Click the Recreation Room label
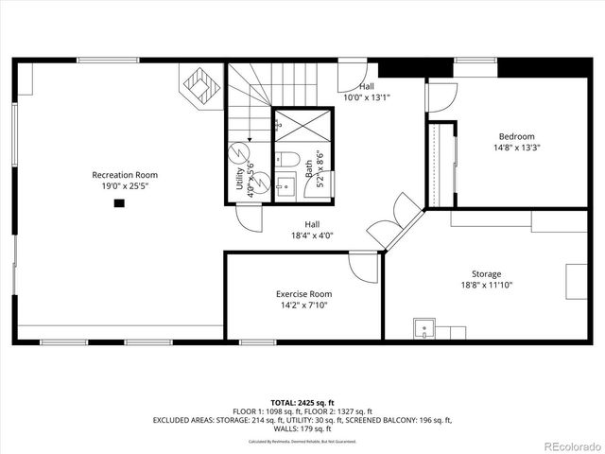point(124,175)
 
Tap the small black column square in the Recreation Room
point(119,201)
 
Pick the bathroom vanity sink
point(283,185)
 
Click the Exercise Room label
point(303,294)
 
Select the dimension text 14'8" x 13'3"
point(517,148)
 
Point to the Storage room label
point(487,274)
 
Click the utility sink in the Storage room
point(425,329)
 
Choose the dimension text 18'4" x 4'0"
point(312,236)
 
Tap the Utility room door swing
point(249,218)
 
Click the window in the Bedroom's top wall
point(475,61)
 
